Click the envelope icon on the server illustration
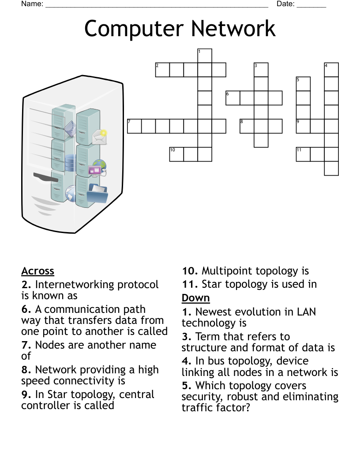click(99, 137)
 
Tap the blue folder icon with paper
click(98, 193)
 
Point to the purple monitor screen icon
click(95, 170)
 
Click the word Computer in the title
click(130, 28)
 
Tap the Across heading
click(37, 271)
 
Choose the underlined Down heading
click(195, 298)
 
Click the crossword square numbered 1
click(205, 56)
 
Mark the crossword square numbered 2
click(162, 70)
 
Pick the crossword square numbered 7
click(134, 126)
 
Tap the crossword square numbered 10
click(176, 154)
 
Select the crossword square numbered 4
click(331, 70)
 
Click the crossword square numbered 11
click(303, 154)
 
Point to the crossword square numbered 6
click(233, 98)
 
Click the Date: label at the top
click(285, 4)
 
